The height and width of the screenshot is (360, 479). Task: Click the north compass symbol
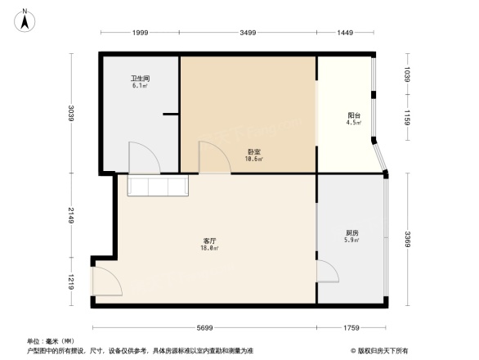(x=25, y=19)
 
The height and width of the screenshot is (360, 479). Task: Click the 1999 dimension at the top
(x=140, y=32)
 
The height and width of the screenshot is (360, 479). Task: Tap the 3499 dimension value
(x=248, y=32)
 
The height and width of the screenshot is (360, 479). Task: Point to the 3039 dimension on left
(x=71, y=113)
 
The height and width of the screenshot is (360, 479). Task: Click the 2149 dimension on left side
(x=71, y=216)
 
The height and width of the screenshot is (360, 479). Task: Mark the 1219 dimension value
(x=71, y=282)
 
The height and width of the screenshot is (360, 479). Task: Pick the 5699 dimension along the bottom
(x=204, y=328)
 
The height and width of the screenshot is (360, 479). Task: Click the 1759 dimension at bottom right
(x=351, y=328)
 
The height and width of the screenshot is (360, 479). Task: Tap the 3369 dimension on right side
(x=407, y=239)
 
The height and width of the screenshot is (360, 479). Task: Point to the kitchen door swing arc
(x=328, y=272)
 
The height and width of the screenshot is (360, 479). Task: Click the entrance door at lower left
(x=106, y=282)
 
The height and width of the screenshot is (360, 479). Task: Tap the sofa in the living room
(x=159, y=187)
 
